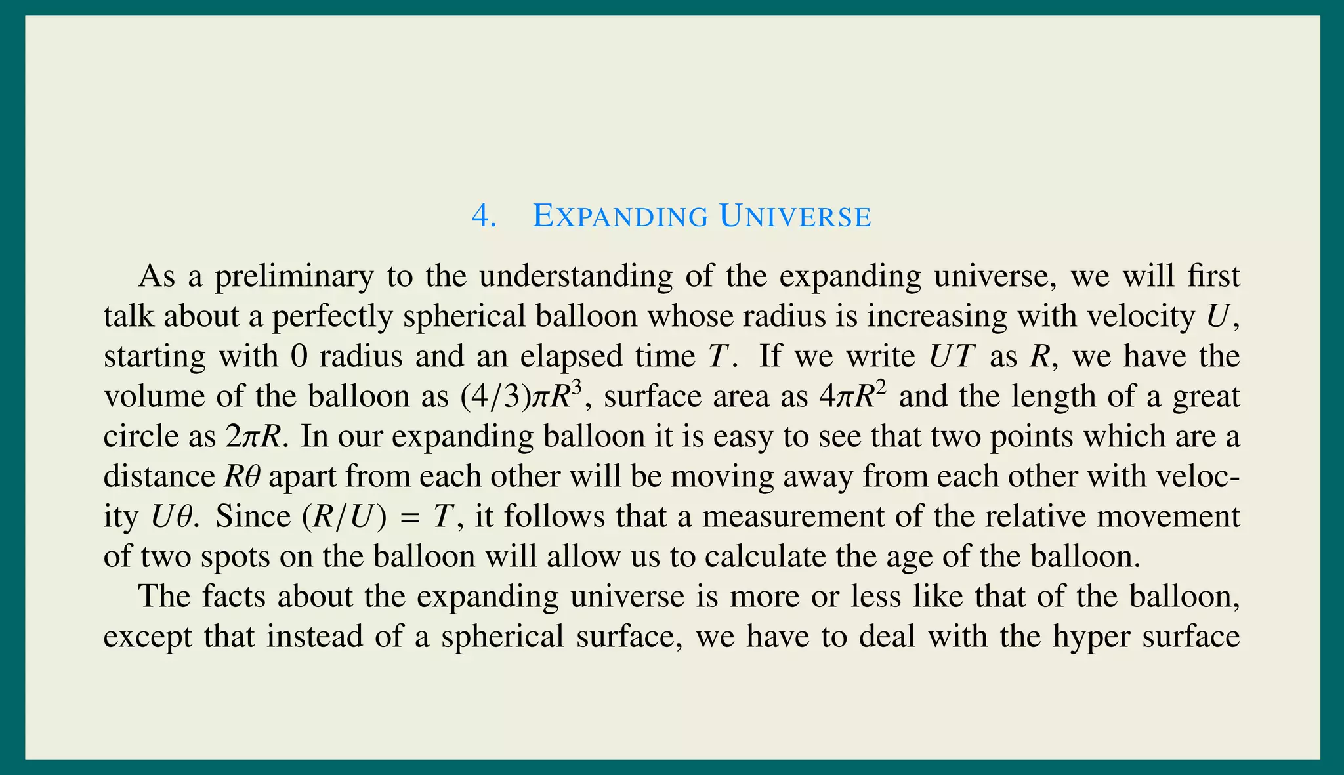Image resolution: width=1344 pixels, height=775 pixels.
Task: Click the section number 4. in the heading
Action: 483,217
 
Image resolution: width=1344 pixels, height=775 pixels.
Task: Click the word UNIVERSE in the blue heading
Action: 795,217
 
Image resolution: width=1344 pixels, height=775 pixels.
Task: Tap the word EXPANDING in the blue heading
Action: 620,217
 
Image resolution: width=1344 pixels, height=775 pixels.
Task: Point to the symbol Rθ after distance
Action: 242,477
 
